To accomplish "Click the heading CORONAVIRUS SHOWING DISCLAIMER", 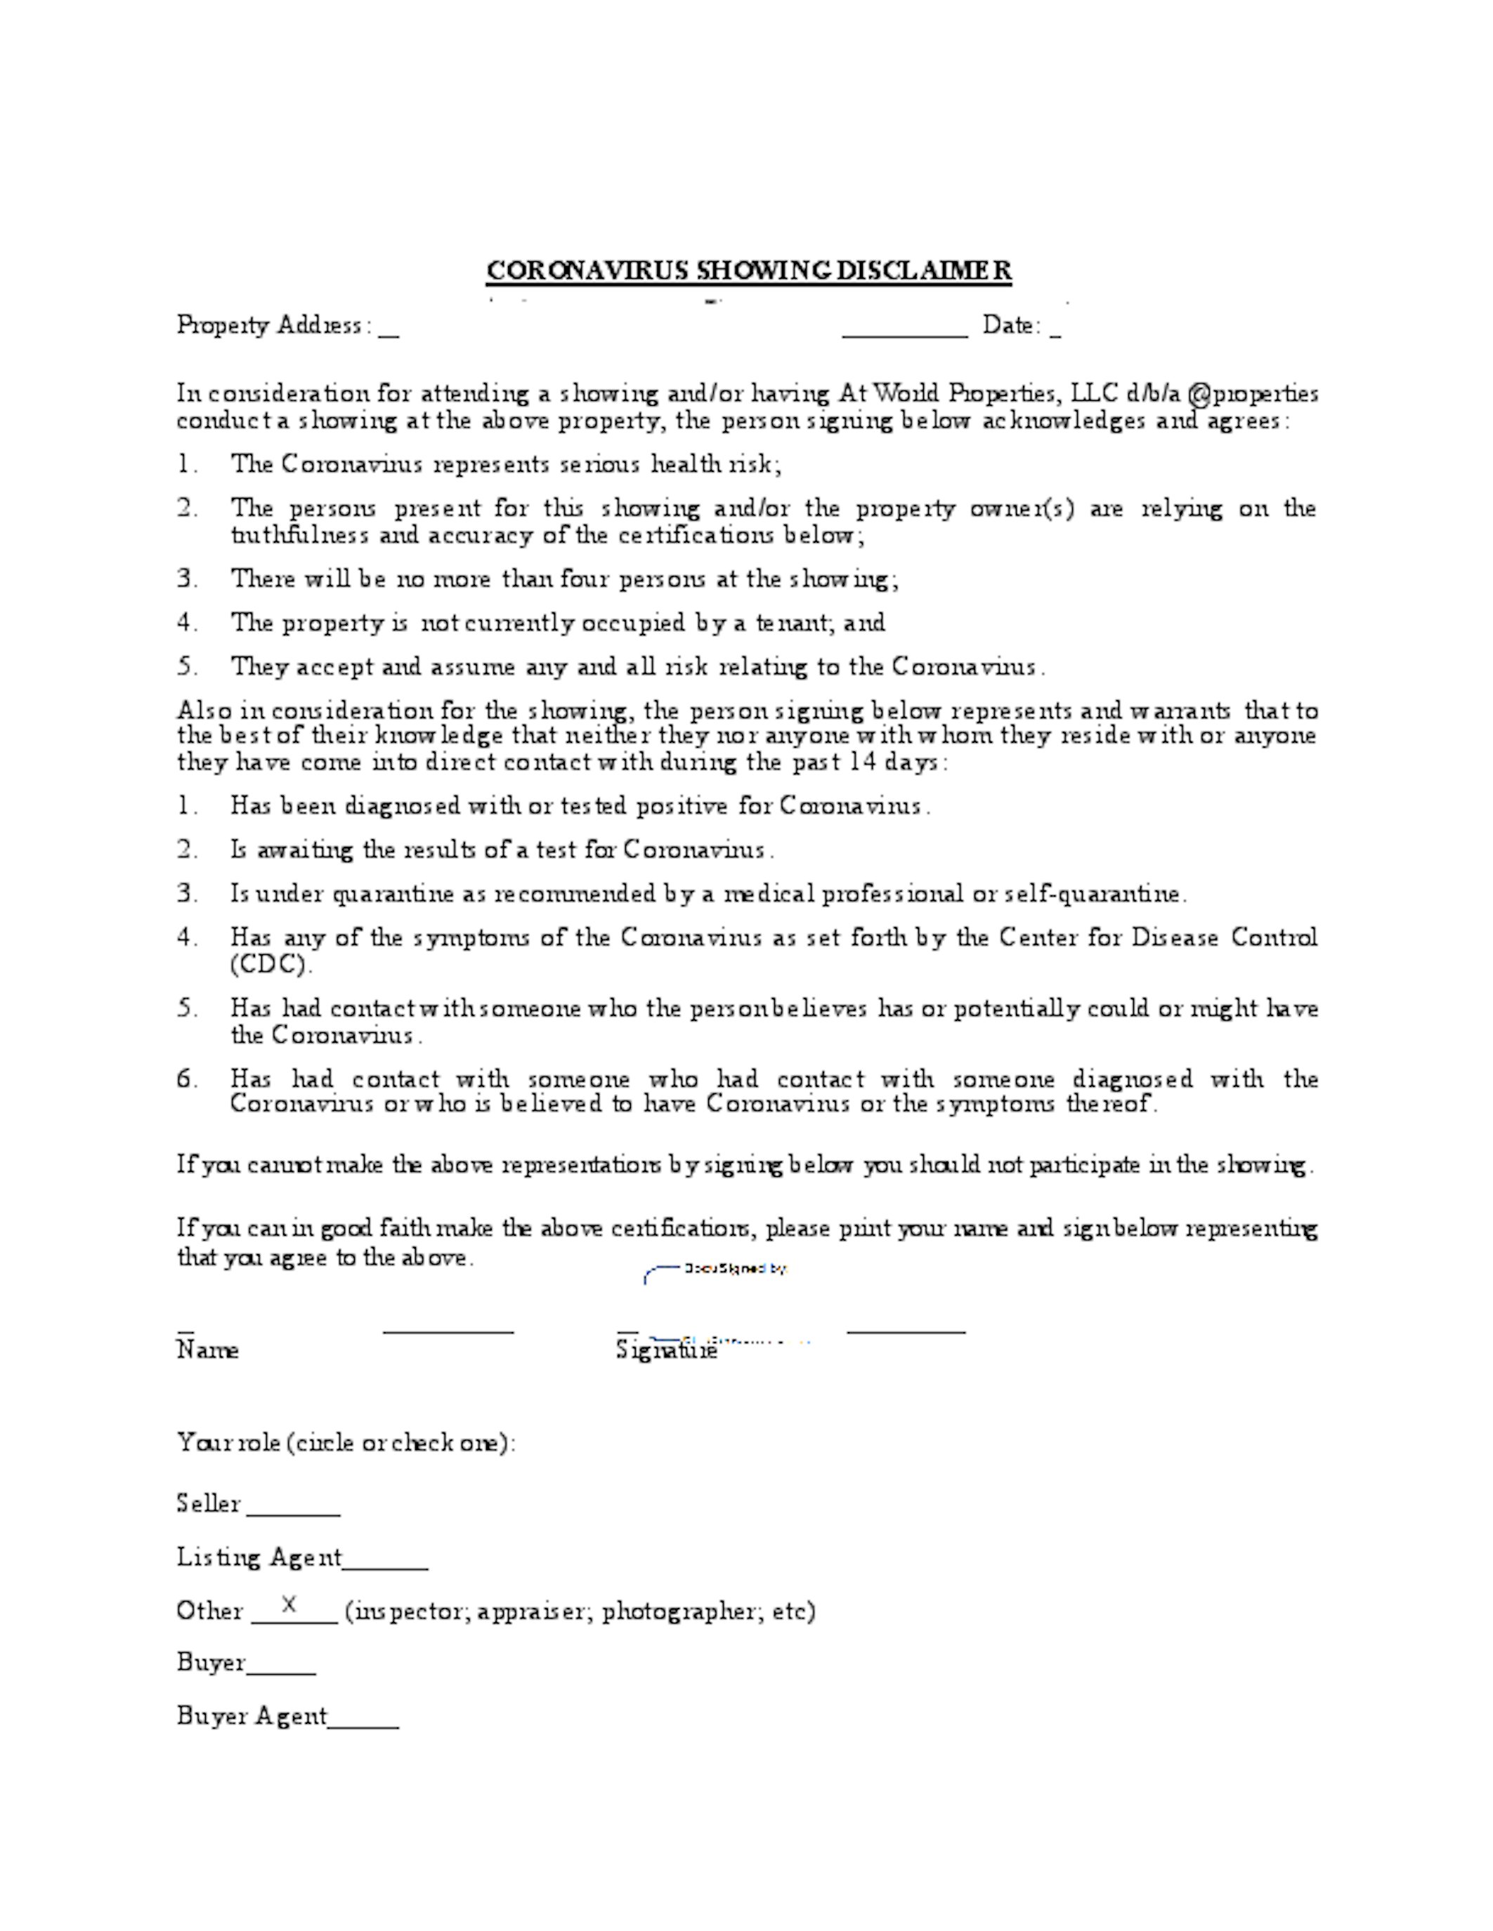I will point(748,270).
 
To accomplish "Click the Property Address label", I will point(269,325).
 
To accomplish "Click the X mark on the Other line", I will point(288,1604).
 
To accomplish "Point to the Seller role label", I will point(209,1504).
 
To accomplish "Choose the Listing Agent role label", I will point(259,1557).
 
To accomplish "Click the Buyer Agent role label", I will point(252,1716).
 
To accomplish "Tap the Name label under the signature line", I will point(208,1350).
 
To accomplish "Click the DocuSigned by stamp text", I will point(735,1269).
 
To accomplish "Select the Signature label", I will point(666,1350).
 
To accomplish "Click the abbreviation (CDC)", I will point(270,965).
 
